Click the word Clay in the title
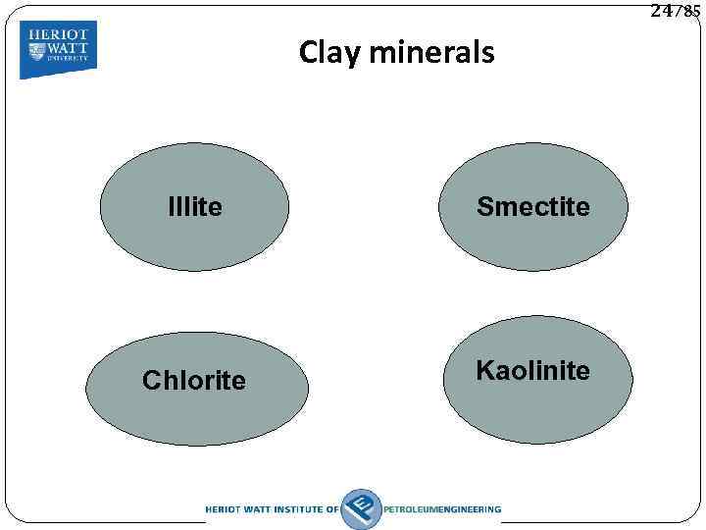pyautogui.click(x=330, y=52)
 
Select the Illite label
pyautogui.click(x=195, y=207)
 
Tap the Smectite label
pyautogui.click(x=533, y=207)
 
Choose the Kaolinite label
pyautogui.click(x=532, y=371)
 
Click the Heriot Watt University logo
pyautogui.click(x=59, y=48)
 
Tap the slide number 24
pyautogui.click(x=661, y=11)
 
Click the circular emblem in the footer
pyautogui.click(x=361, y=508)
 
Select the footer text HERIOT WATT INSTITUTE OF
pyautogui.click(x=272, y=509)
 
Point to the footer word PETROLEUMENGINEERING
pyautogui.click(x=442, y=509)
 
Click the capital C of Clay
pyautogui.click(x=308, y=52)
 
